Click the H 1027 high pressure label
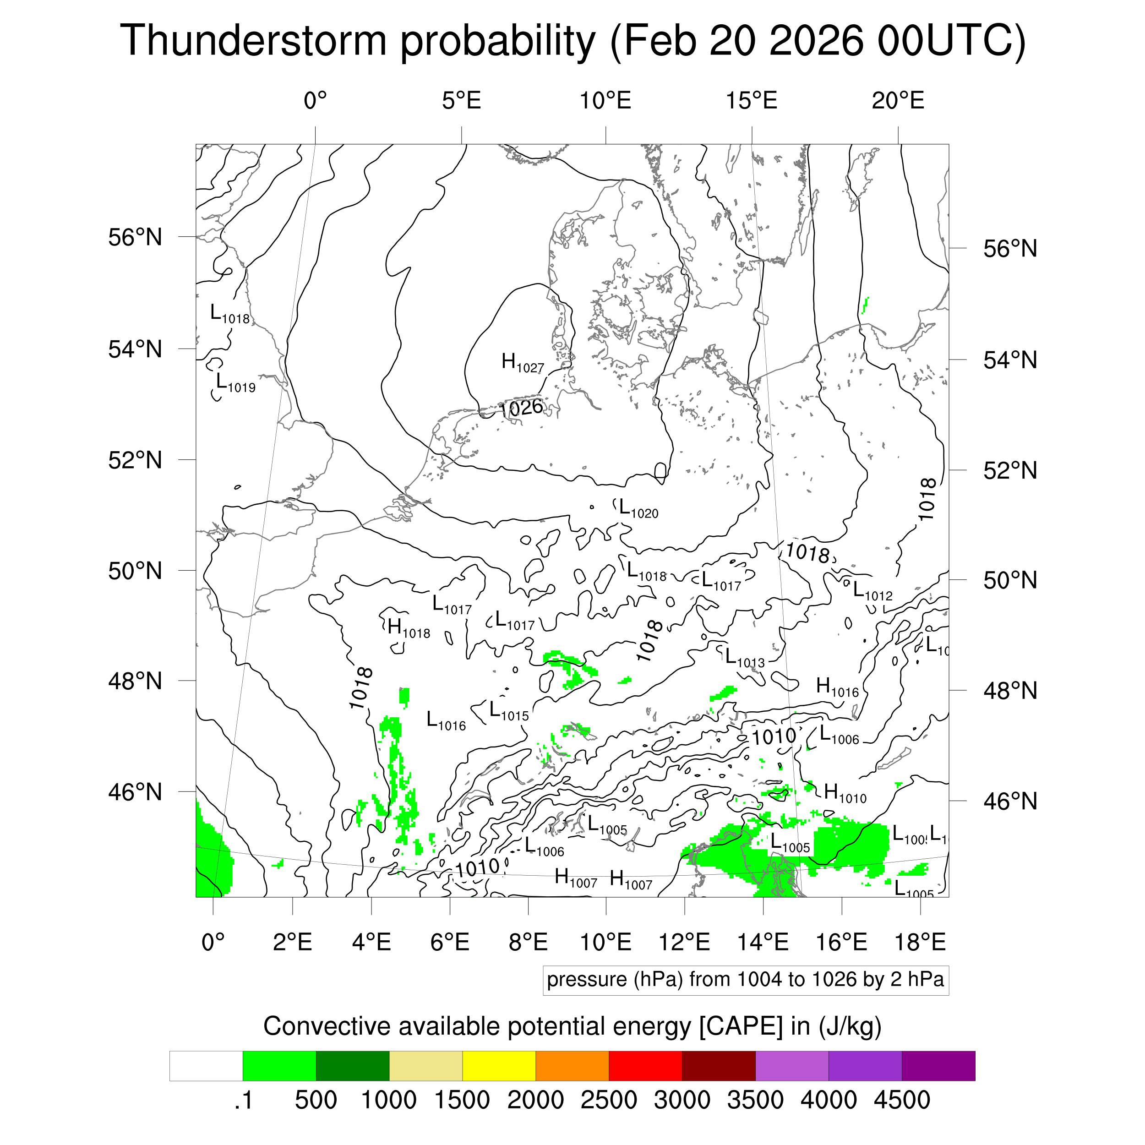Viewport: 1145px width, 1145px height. pyautogui.click(x=522, y=363)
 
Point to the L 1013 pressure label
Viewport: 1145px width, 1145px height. pyautogui.click(x=744, y=658)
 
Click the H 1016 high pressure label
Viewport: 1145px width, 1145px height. pyautogui.click(x=837, y=687)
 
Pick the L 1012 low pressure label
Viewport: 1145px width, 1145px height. pyautogui.click(x=872, y=591)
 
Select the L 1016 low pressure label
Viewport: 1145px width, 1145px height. pyautogui.click(x=446, y=720)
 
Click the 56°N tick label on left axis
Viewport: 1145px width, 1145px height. pyautogui.click(x=135, y=238)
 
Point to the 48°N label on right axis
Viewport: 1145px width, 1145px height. pyautogui.click(x=1010, y=691)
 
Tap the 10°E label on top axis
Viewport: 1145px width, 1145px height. pyautogui.click(x=605, y=101)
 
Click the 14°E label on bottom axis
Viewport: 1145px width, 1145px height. pyautogui.click(x=763, y=942)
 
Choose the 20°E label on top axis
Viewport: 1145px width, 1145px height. pyautogui.click(x=898, y=101)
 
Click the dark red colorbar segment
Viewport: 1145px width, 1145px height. pyautogui.click(x=718, y=1066)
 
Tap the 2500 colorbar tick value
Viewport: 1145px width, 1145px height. pyautogui.click(x=609, y=1100)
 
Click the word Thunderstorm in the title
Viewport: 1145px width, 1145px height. pyautogui.click(x=253, y=40)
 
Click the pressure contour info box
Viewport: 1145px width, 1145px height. pyautogui.click(x=745, y=980)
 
